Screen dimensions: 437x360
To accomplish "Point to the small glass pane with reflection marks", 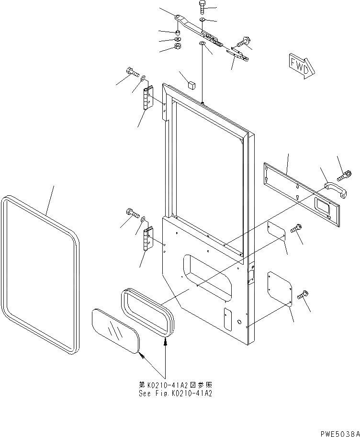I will click(115, 331).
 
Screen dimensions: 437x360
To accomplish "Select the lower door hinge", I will click(148, 238).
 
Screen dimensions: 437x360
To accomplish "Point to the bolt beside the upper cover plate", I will click(295, 229).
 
